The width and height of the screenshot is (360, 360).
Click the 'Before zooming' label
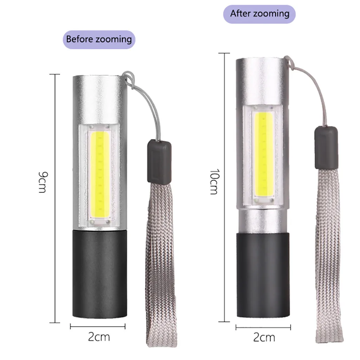click(x=99, y=39)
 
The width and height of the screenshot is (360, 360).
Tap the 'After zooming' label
click(x=259, y=14)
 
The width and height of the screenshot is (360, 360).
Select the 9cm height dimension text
click(x=43, y=182)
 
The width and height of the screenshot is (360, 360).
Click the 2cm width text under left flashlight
click(x=99, y=337)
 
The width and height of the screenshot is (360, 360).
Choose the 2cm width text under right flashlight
click(x=264, y=337)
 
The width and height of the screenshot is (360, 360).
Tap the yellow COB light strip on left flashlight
click(x=99, y=174)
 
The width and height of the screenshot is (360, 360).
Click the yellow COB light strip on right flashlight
click(x=264, y=154)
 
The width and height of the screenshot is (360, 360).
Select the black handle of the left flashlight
click(x=99, y=274)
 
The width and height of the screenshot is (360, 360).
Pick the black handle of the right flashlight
click(x=263, y=275)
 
